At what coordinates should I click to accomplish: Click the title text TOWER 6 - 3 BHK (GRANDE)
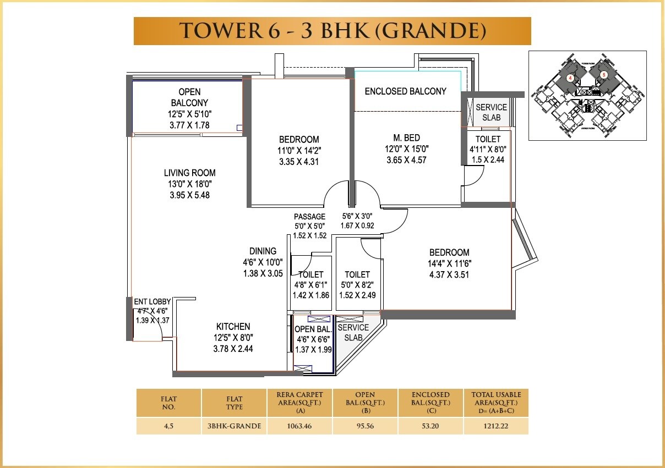coord(332,31)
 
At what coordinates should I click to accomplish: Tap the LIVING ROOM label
coord(189,173)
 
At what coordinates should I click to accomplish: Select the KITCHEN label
coord(233,327)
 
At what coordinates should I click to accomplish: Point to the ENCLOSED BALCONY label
coord(405,91)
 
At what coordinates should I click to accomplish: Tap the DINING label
coord(263,251)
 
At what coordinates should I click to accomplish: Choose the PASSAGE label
coord(309,217)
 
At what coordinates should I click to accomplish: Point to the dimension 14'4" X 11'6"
coord(449,264)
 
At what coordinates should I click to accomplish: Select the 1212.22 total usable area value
coord(495,426)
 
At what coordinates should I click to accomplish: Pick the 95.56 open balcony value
coord(364,426)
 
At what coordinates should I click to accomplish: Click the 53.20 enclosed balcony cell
coord(430,426)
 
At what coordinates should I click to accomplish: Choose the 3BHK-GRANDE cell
coord(234,426)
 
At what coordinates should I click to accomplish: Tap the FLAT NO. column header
coord(168,403)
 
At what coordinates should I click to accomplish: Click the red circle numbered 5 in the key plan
coord(604,74)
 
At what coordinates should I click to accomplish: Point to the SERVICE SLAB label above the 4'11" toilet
coord(491,112)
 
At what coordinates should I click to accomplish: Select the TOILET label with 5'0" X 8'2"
coord(357,274)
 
